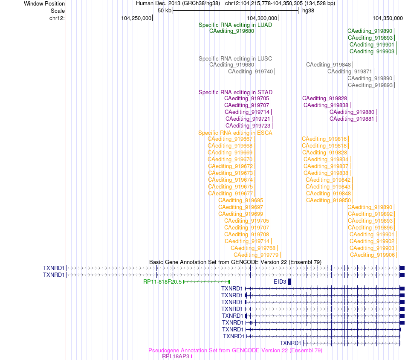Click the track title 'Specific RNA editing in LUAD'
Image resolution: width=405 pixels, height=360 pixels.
pos(235,25)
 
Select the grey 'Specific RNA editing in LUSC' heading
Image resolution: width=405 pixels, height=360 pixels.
pos(235,59)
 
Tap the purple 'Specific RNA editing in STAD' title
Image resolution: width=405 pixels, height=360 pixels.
pos(235,93)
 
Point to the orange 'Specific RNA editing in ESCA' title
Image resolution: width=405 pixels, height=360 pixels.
pos(235,133)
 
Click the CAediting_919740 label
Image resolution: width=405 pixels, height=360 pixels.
pos(250,71)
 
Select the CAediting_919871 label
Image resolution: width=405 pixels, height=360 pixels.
pos(350,71)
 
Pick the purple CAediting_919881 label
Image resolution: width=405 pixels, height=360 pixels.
pos(352,119)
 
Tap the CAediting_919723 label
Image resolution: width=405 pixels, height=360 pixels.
pos(248,125)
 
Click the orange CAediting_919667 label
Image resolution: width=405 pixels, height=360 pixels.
pos(230,139)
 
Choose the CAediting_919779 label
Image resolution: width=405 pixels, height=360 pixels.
pos(256,255)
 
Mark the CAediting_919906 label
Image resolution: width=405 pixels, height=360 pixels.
pos(372,255)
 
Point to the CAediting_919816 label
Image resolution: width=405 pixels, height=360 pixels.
pos(324,139)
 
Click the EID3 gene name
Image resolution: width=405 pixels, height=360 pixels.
pos(280,282)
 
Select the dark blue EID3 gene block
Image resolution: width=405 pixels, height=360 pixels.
pos(289,282)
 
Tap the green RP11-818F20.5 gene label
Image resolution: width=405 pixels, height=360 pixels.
pos(162,282)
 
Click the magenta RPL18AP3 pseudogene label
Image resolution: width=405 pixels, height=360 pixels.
pos(176,357)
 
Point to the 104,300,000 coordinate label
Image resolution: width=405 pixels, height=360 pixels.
pos(262,18)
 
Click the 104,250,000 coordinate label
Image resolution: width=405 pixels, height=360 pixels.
pos(136,18)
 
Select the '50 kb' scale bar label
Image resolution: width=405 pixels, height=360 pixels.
pos(165,11)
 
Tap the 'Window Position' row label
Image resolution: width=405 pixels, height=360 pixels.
pos(44,3)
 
